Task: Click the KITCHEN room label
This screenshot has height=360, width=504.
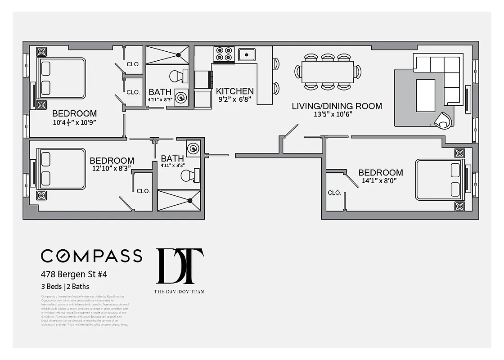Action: tap(234, 91)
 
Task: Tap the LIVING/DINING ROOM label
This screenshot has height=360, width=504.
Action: tap(337, 106)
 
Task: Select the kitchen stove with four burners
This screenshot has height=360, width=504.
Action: tap(224, 54)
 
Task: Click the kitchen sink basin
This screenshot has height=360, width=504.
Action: tap(247, 54)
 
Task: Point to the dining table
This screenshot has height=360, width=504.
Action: tap(328, 72)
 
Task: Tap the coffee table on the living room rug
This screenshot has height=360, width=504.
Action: tap(425, 95)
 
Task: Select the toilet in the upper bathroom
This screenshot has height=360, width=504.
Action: tap(179, 75)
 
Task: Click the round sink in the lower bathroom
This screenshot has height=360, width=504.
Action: tap(193, 148)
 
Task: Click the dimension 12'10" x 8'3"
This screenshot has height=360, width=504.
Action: tap(112, 169)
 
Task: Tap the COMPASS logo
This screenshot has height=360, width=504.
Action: tap(91, 256)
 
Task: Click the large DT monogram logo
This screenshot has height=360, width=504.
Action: tap(180, 266)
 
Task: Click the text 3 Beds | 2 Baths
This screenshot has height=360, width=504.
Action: tap(65, 286)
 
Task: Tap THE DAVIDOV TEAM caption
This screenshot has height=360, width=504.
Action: tap(180, 292)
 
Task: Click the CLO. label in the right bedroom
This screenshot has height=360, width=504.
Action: tap(334, 193)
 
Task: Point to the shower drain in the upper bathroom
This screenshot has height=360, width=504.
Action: tap(179, 55)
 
